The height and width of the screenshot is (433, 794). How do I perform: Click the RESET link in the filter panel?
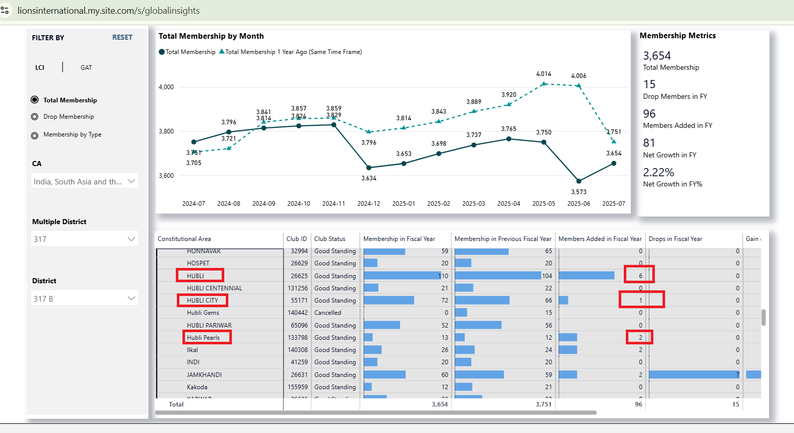coord(122,37)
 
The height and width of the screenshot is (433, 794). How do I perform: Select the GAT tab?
coord(86,67)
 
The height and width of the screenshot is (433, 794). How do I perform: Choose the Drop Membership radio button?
coord(35,117)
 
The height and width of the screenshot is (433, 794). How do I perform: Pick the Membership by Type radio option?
coord(35,135)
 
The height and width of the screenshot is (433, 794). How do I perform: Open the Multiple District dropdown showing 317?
coord(85,239)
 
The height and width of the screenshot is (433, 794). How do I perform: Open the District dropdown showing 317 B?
coord(85,299)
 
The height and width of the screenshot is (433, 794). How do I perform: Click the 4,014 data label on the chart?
coord(544,74)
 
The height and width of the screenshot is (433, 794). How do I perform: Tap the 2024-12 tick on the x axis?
coord(368,204)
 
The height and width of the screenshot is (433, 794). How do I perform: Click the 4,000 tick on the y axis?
coord(166,87)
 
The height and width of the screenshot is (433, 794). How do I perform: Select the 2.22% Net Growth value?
coord(658,172)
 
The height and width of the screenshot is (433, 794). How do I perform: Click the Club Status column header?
coord(330,239)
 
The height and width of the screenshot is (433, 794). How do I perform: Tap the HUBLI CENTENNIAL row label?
coord(215,288)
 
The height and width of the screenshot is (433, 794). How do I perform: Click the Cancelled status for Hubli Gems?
coord(328,313)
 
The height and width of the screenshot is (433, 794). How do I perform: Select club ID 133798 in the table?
coord(298,338)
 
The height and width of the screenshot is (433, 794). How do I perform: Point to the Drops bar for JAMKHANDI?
coord(694,375)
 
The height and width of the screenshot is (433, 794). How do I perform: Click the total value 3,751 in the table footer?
coord(543,404)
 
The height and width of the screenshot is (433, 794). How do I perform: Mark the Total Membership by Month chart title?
coord(211,36)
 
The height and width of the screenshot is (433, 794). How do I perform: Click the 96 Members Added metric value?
coord(649,114)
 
